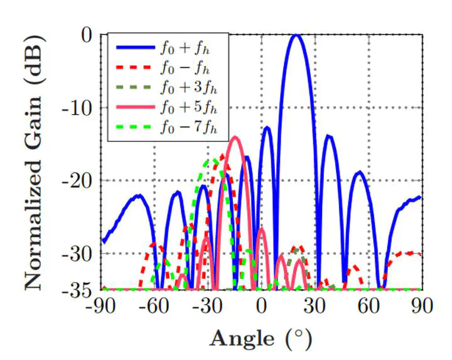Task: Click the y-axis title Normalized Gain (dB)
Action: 35,162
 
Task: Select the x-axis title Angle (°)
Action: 261,339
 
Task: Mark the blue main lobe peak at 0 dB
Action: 296,35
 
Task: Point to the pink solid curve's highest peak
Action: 235,138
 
